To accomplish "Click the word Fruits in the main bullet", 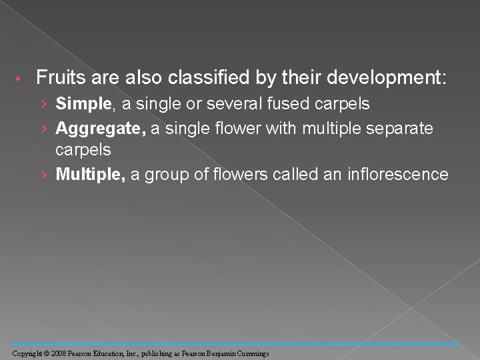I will (57, 78).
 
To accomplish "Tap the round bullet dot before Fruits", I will (21, 79).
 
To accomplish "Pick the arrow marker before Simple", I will (44, 105).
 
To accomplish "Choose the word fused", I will (297, 104).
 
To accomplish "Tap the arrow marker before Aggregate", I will (44, 128).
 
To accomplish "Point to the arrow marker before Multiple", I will (44, 175).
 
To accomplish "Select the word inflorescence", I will (398, 175).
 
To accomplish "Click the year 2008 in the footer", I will (57, 353).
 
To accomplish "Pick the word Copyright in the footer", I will (26, 353).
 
